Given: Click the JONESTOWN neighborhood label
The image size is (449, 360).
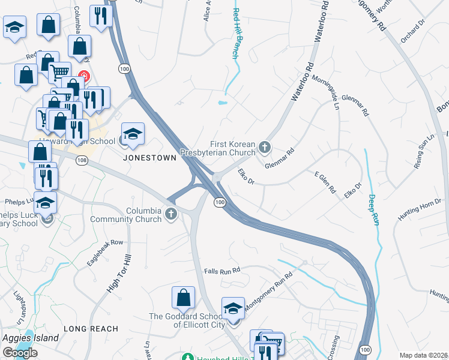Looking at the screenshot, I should point(149,157).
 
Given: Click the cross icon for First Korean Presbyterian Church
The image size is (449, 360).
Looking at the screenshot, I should point(264,147).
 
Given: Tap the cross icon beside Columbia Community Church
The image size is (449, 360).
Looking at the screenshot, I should point(172,214).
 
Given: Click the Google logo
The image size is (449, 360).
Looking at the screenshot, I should point(20,353).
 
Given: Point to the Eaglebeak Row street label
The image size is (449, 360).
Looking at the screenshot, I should point(105,252).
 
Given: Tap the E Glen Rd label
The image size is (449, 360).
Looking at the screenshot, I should point(325,181).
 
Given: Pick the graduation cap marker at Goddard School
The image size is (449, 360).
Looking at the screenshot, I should point(234,308).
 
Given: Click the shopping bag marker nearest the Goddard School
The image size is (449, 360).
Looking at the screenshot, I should point(184,298).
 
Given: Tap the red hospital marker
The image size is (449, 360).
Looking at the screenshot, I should point(85,77).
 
